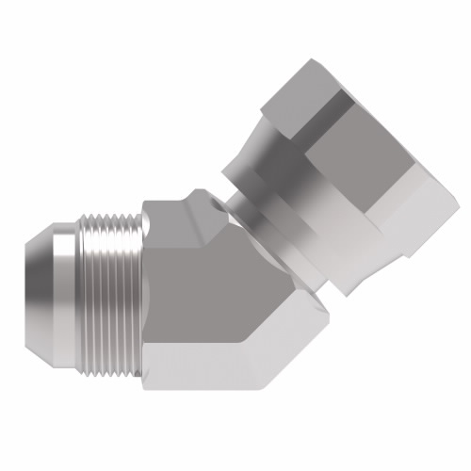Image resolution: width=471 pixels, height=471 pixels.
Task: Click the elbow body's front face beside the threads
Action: pos(188,301)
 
